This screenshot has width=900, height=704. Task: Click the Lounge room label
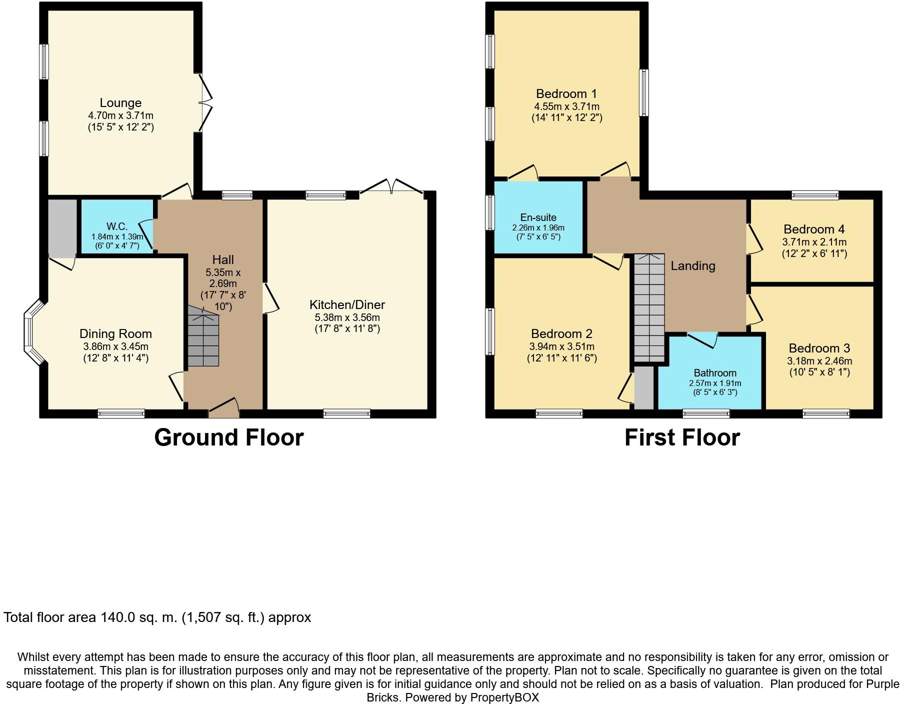pos(120,103)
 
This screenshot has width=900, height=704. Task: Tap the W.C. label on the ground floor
pos(117,226)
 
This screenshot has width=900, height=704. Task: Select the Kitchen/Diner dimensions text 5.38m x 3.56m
pos(347,317)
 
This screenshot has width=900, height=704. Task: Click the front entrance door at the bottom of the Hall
pos(223,408)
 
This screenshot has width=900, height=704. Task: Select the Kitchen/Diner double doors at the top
pos(392,187)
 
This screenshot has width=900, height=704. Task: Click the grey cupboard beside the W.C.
pos(62,228)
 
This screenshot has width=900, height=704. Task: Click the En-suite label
pos(538,217)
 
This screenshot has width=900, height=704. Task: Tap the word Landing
pos(692,266)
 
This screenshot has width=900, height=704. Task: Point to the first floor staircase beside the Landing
pos(649,307)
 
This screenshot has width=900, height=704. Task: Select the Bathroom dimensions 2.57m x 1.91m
pos(715,383)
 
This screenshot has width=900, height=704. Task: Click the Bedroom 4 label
pos(814,229)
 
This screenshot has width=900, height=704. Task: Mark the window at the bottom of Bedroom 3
pos(826,413)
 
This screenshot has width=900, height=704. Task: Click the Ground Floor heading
pos(229,437)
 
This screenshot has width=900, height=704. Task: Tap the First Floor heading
pos(682,437)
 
